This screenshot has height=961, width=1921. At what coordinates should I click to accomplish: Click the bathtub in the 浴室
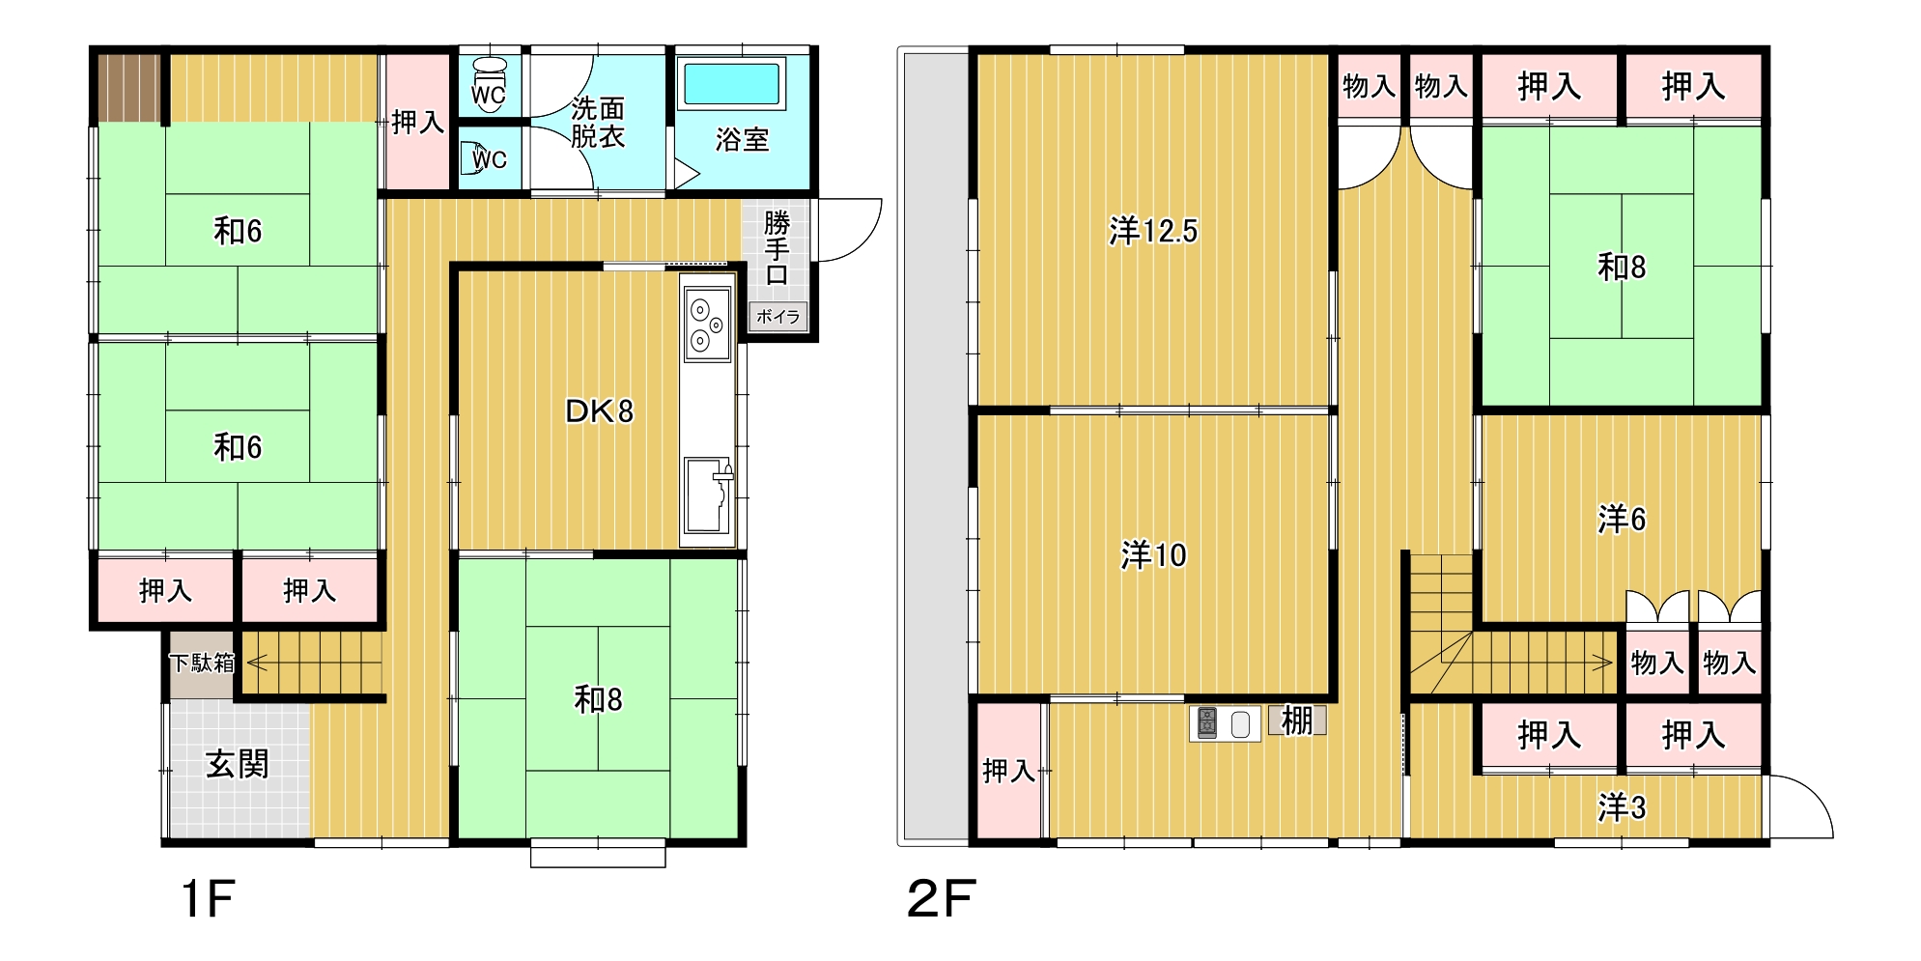(732, 84)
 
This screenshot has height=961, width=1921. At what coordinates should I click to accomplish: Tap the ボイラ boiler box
(777, 317)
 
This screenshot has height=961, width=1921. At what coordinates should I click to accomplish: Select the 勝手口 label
(777, 248)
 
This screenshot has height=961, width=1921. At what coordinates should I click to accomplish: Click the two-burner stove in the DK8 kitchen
(707, 323)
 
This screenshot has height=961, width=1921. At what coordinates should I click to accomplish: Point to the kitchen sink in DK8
(708, 495)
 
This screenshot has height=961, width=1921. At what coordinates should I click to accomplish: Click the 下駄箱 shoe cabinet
(203, 664)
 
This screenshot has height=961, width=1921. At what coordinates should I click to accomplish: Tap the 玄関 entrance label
(238, 765)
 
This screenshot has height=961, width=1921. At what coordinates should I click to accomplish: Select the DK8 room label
(599, 412)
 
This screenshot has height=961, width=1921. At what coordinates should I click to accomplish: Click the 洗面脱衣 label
(598, 122)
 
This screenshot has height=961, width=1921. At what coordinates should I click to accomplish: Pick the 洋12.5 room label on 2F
(1153, 232)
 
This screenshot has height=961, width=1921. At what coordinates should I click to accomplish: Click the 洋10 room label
(1153, 555)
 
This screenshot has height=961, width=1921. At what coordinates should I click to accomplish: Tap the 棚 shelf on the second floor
(1297, 721)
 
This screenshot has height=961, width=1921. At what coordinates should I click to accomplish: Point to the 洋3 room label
(1622, 807)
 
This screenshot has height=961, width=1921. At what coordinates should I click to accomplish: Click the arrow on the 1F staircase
(315, 664)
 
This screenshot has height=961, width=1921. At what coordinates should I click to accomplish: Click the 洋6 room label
(1622, 520)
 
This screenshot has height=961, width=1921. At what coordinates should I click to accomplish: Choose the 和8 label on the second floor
(1622, 267)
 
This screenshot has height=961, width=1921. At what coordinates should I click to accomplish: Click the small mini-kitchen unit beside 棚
(1225, 723)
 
